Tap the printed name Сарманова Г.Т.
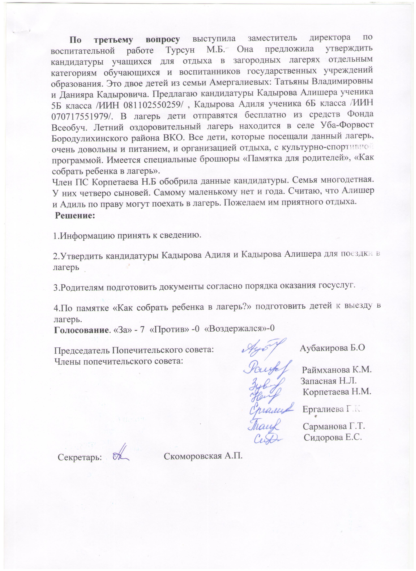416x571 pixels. point(334,426)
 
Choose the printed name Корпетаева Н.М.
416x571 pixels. point(337,392)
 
